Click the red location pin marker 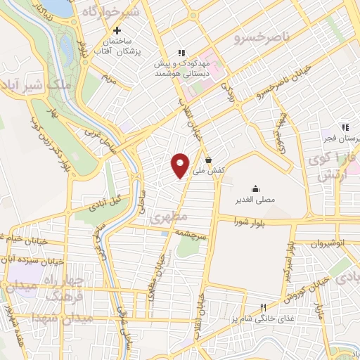pos(180,165)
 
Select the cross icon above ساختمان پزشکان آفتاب pos(117,31)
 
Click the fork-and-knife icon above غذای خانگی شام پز pos(264,307)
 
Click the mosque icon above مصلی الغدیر pos(255,188)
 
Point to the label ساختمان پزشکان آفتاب pos(117,47)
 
